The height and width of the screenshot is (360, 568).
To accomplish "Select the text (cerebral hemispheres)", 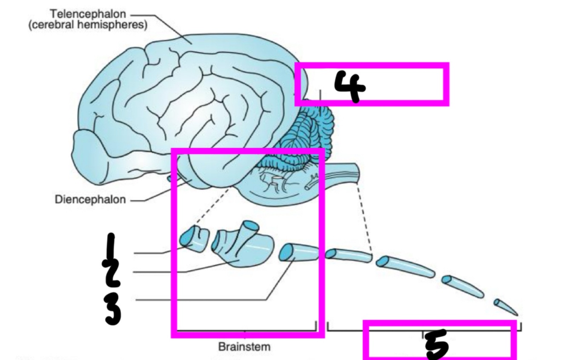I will pyautogui.click(x=88, y=25).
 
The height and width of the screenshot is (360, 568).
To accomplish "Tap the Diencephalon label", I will pyautogui.click(x=90, y=199).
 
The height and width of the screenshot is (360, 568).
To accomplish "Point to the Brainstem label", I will pyautogui.click(x=244, y=347).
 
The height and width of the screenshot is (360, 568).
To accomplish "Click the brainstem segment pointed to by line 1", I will pyautogui.click(x=195, y=240).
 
